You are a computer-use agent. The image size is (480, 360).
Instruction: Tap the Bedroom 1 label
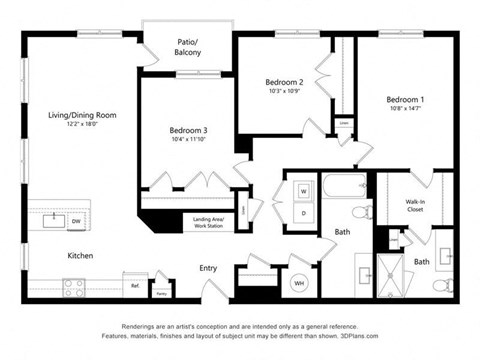pyautogui.click(x=406, y=100)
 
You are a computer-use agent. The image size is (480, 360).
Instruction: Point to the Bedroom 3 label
pyautogui.click(x=188, y=131)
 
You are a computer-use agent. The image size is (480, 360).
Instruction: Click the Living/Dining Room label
pyautogui.click(x=82, y=115)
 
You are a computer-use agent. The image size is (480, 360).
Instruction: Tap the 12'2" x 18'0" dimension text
pyautogui.click(x=82, y=125)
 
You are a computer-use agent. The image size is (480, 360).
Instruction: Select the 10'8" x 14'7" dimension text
pyautogui.click(x=406, y=110)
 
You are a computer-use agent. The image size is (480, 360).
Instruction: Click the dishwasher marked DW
pyautogui.click(x=76, y=220)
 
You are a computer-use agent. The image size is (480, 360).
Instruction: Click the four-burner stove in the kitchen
pyautogui.click(x=75, y=288)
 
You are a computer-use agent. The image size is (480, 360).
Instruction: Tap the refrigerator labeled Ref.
pyautogui.click(x=134, y=285)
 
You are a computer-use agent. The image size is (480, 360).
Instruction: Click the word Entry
pyautogui.click(x=208, y=268)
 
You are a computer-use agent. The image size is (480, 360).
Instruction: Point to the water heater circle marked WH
pyautogui.click(x=298, y=284)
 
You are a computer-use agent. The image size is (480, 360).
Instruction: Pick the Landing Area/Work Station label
pyautogui.click(x=208, y=223)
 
